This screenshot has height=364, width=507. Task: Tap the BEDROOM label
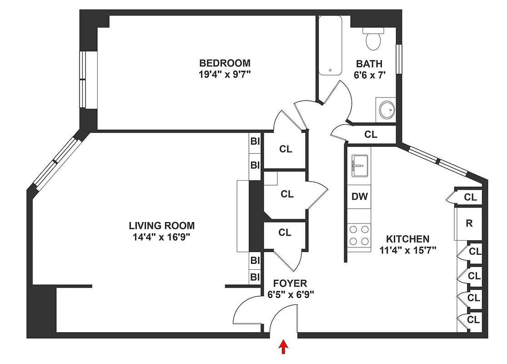click(225, 63)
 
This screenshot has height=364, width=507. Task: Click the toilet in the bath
click(373, 39)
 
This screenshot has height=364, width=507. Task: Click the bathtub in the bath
click(330, 45)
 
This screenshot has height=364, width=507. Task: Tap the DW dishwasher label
click(359, 197)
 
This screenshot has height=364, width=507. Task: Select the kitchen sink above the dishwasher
click(359, 165)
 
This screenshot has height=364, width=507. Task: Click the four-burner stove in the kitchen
click(359, 235)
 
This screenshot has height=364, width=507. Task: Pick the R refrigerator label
click(469, 223)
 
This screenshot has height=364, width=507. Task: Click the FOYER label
click(290, 283)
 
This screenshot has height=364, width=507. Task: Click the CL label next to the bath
click(371, 134)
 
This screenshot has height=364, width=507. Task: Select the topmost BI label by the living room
click(255, 141)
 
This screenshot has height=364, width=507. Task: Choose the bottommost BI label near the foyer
click(255, 277)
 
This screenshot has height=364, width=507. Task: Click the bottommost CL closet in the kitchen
click(473, 319)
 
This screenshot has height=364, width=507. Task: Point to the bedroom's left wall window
click(83, 79)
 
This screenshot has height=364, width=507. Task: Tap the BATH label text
click(369, 64)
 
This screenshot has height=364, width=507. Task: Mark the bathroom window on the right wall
click(399, 58)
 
